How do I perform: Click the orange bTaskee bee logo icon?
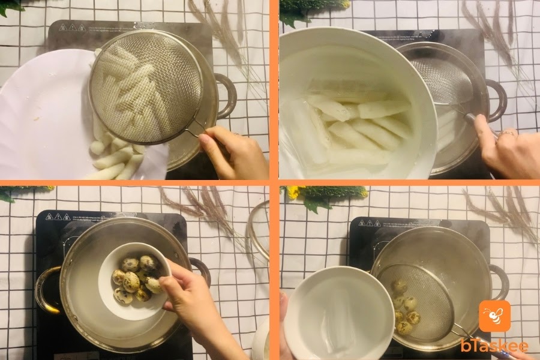pyautogui.click(x=494, y=316)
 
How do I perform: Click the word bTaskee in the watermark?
pyautogui.click(x=494, y=346)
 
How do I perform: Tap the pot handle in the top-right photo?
pyautogui.click(x=497, y=101)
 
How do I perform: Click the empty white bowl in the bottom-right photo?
pyautogui.click(x=339, y=313)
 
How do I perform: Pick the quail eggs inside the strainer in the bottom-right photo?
pyautogui.click(x=405, y=307)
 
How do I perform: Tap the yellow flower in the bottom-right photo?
pyautogui.click(x=294, y=193)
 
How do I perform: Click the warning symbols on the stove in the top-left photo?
pyautogui.click(x=72, y=27)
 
